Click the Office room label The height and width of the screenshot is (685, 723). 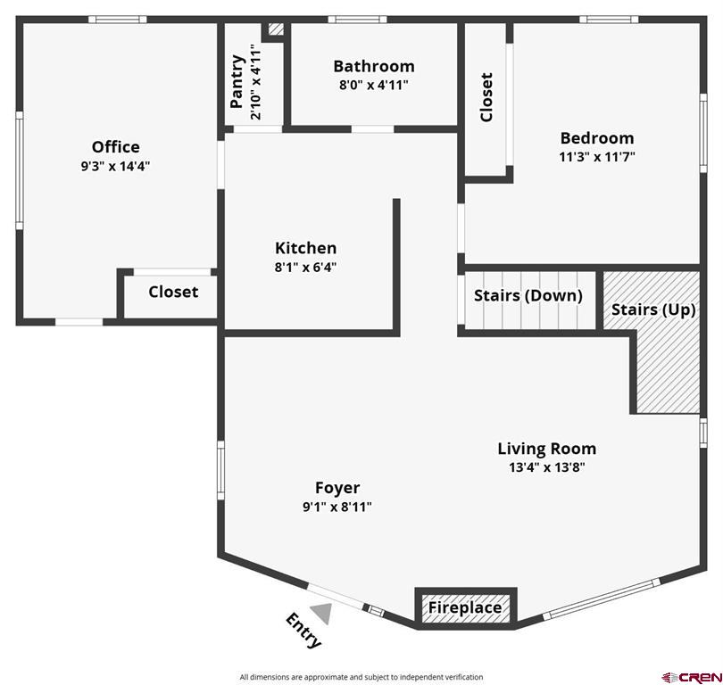click(x=115, y=147)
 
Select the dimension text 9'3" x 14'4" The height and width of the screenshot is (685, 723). click(x=115, y=166)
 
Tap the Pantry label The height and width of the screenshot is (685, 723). click(x=237, y=81)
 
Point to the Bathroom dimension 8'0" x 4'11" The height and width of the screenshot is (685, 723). click(x=373, y=86)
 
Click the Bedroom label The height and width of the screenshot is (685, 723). click(x=596, y=138)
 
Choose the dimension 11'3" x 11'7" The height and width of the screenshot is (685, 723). click(x=596, y=157)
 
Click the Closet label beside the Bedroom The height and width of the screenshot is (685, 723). click(x=486, y=97)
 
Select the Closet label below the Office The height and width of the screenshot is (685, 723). click(x=173, y=292)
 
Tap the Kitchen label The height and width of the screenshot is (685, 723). click(x=305, y=248)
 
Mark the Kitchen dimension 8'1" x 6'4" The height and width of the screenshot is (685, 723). click(x=305, y=267)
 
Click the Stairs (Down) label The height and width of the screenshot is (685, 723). click(x=528, y=295)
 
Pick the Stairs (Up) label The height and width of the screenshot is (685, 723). click(x=653, y=309)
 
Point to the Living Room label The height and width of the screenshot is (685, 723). click(x=546, y=449)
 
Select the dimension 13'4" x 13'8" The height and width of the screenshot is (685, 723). click(x=546, y=466)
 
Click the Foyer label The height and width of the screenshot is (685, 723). click(x=337, y=488)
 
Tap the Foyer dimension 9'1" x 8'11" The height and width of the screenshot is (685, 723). click(x=337, y=507)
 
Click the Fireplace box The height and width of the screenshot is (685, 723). click(x=465, y=607)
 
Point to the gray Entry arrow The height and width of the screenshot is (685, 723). click(x=321, y=613)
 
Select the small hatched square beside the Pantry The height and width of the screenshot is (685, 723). click(x=276, y=29)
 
